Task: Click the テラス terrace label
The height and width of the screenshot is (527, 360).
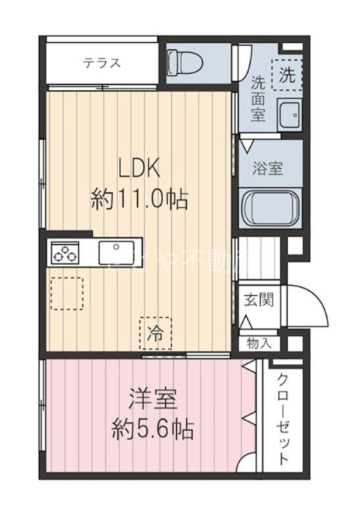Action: (x=101, y=63)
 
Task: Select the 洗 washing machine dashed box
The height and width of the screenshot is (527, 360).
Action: (x=286, y=74)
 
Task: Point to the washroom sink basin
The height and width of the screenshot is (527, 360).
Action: (x=288, y=116)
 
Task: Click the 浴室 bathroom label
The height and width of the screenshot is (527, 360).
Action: (x=267, y=167)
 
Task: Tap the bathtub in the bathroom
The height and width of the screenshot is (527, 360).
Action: (x=267, y=208)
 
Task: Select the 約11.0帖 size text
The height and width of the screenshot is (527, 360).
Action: (x=140, y=198)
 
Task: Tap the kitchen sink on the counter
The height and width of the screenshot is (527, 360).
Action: (x=117, y=252)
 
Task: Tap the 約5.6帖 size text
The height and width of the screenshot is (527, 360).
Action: (x=153, y=430)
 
